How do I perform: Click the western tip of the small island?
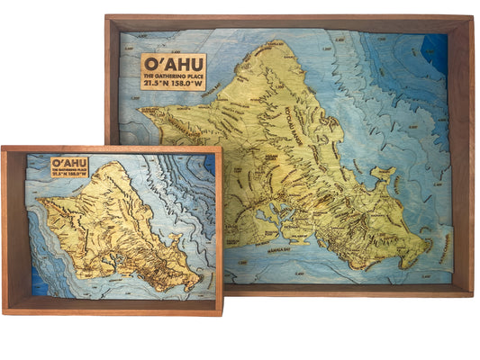(x=38, y=199)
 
